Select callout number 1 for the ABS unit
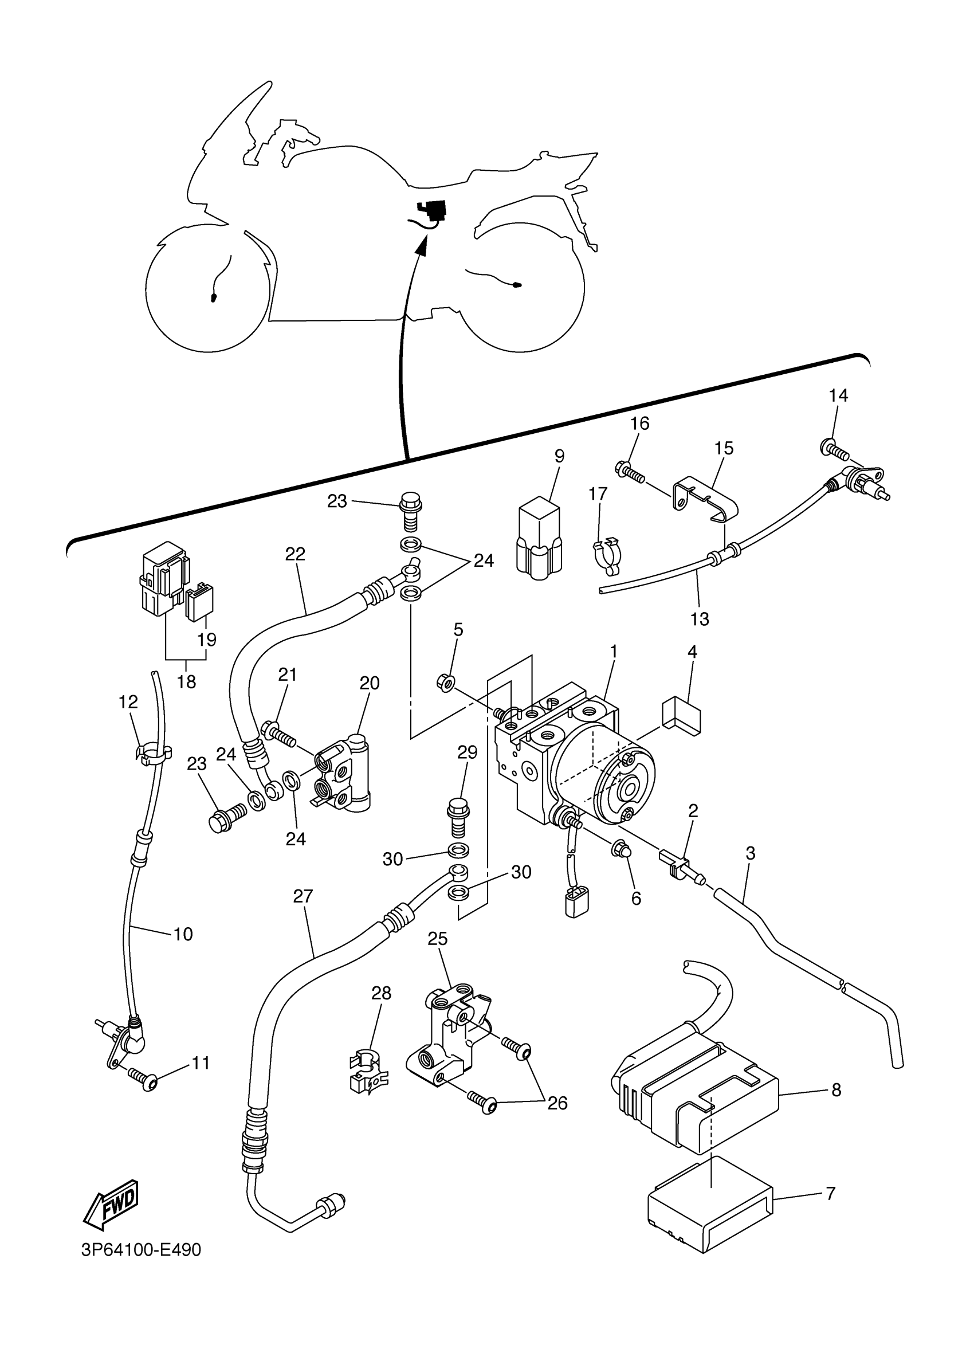(x=614, y=650)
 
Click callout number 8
(x=836, y=1089)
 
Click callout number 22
(x=294, y=554)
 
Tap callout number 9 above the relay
(x=559, y=456)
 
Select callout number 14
(x=838, y=395)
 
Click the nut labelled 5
(x=447, y=683)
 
